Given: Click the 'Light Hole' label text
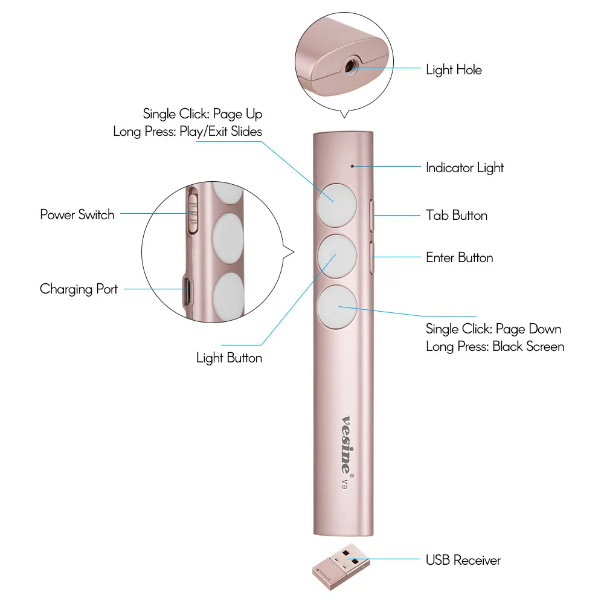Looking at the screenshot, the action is (454, 70).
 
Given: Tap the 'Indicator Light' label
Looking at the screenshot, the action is (464, 168).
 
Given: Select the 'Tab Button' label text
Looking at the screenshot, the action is (457, 216).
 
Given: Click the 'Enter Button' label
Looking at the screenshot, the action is (460, 258).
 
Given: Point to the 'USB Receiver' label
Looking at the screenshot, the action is (463, 560).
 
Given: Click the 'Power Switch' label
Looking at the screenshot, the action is (77, 214).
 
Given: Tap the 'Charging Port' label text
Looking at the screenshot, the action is (79, 289).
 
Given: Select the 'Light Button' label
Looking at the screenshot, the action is (229, 358).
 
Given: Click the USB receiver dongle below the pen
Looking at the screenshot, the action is (340, 567).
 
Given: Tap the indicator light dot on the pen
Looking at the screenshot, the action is (352, 167).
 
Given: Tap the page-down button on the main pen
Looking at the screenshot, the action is (337, 307).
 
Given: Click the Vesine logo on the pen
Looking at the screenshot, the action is (347, 445).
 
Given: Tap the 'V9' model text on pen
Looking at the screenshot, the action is (345, 484).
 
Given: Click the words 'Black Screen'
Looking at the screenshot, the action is (528, 347).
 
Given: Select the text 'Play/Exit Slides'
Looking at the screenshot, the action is (220, 132).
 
